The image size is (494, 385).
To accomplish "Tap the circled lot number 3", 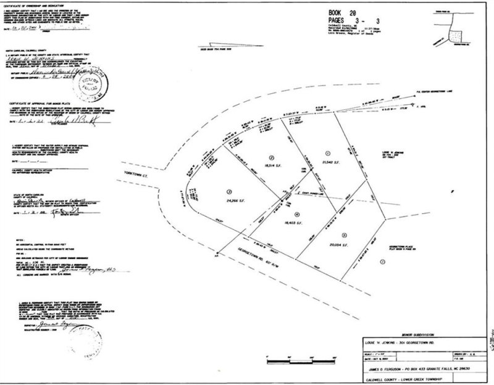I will click(230, 191).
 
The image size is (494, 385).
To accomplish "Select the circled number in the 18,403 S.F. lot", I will click(298, 215).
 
